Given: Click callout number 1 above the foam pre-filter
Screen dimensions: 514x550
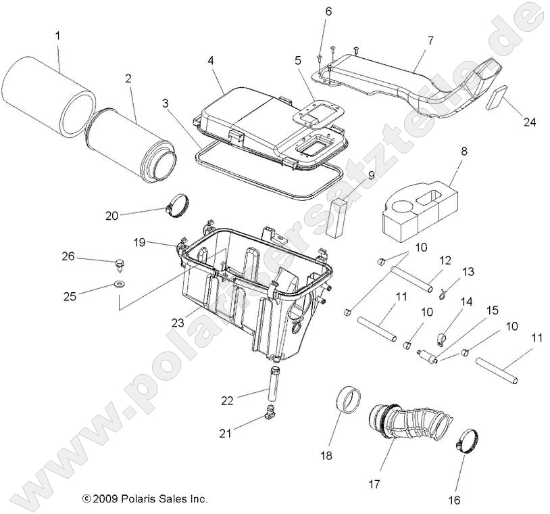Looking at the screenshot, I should point(57,34).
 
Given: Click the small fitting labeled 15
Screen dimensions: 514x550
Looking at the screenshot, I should point(427,355).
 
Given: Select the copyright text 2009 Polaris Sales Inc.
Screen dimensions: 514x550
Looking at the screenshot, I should point(145,499).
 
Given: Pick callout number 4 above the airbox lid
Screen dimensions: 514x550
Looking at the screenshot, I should point(211,60).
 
